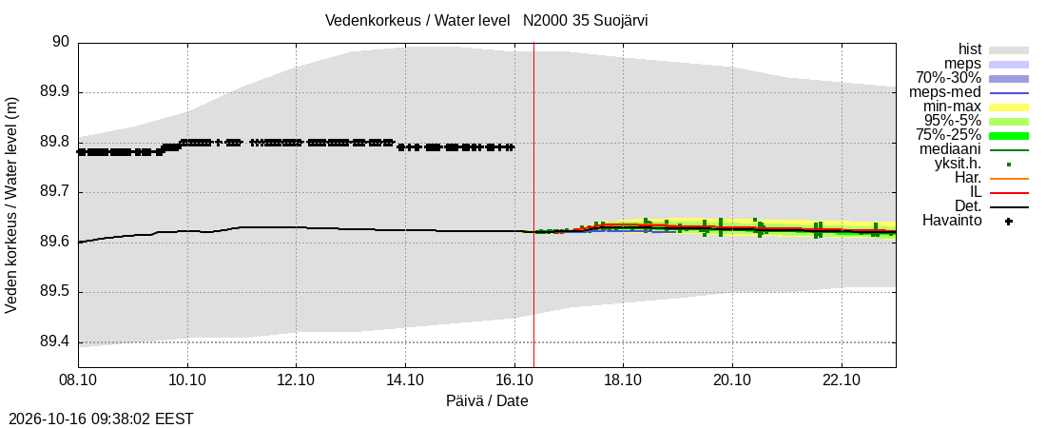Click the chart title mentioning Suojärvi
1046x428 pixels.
tap(486, 20)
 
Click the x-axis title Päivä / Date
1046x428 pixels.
tap(487, 401)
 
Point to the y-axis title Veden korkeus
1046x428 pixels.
tap(11, 205)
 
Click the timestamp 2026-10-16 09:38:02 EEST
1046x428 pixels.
tap(97, 419)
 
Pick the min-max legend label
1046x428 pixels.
tap(952, 107)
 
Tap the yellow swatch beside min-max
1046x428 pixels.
tap(1009, 107)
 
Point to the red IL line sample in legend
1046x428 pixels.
tap(1009, 193)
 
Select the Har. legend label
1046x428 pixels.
tap(968, 178)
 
